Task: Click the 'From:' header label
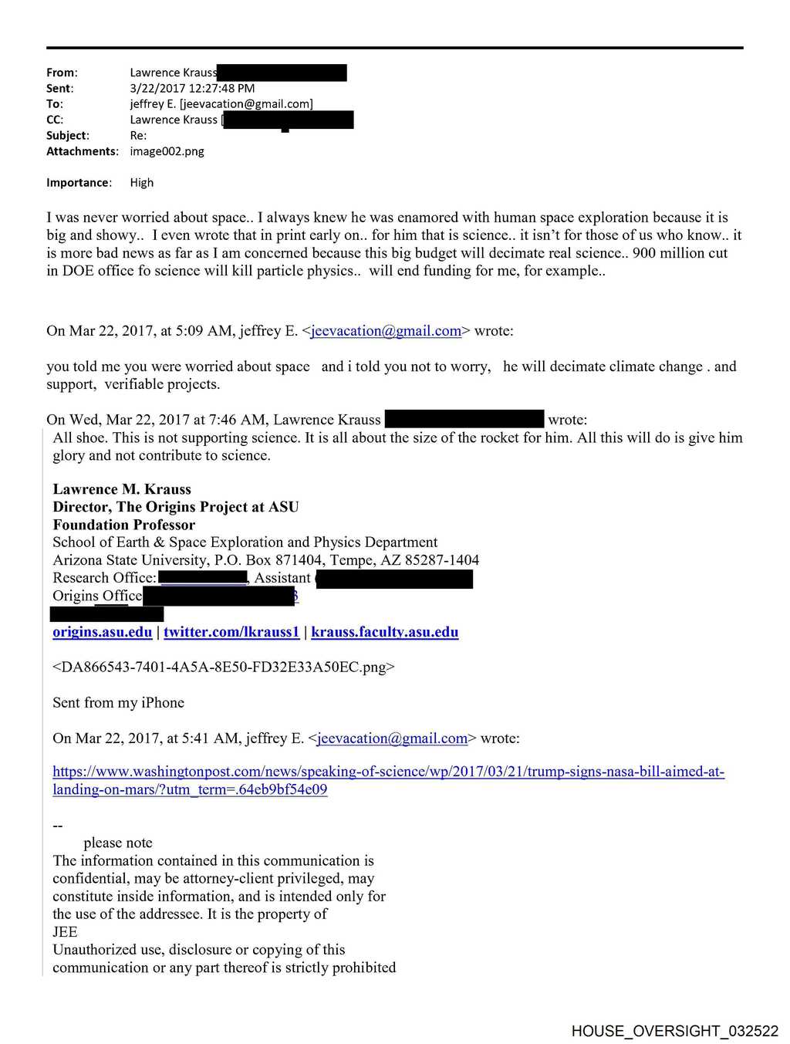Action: pos(62,73)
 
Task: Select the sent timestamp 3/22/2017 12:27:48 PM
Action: pos(192,88)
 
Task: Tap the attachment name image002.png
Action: pos(167,151)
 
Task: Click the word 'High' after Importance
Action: pos(142,183)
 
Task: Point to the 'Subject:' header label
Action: pos(67,135)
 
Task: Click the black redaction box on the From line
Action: pos(282,73)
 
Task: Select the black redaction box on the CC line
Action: pos(289,120)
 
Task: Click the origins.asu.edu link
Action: pos(102,632)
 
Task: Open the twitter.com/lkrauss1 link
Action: pos(231,632)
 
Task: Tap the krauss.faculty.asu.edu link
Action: pos(384,632)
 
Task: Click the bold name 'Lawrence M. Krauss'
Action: pos(122,489)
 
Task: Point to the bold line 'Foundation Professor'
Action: pos(123,525)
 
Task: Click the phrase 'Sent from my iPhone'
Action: pos(118,703)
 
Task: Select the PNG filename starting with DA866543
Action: pos(224,667)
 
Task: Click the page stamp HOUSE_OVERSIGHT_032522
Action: pos(674,1031)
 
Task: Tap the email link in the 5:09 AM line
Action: pos(386,331)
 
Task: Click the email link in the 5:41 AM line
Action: pos(392,738)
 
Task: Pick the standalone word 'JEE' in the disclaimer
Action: pos(65,932)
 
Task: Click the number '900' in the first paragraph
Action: pos(644,253)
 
